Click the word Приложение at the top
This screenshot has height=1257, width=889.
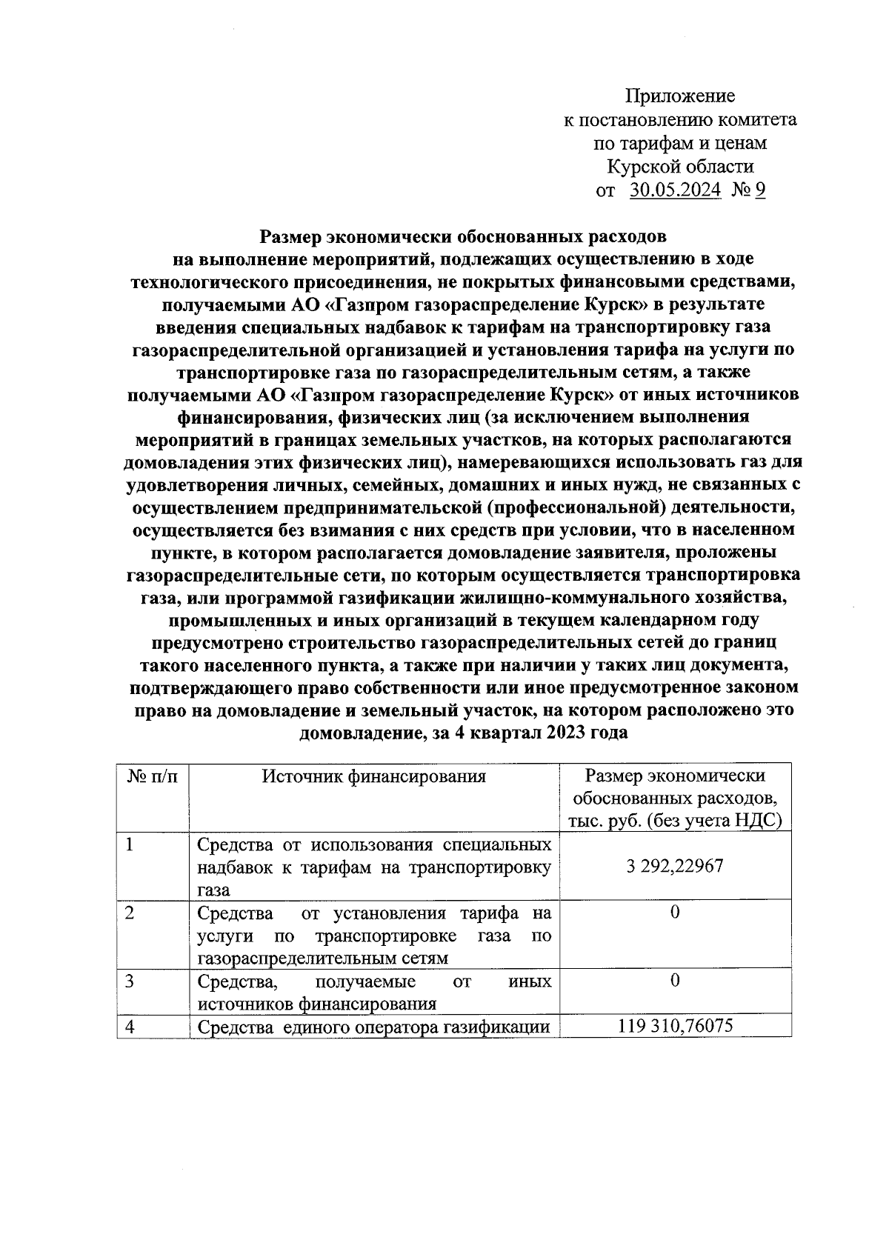pyautogui.click(x=679, y=96)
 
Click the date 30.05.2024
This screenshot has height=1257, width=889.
pyautogui.click(x=675, y=190)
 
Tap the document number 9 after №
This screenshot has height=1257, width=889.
pyautogui.click(x=759, y=190)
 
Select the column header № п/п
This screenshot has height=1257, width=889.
pyautogui.click(x=152, y=776)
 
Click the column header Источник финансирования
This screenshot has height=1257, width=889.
pyautogui.click(x=374, y=776)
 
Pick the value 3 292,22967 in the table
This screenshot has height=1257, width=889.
pyautogui.click(x=674, y=866)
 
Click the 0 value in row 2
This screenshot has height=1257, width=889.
pyautogui.click(x=674, y=912)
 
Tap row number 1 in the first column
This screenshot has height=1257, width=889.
pyautogui.click(x=131, y=844)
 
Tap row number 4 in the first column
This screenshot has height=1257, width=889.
pyautogui.click(x=130, y=1027)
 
